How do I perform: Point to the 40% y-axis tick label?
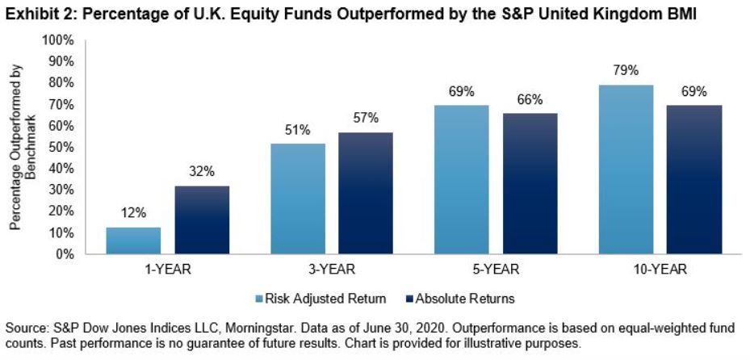[64, 169]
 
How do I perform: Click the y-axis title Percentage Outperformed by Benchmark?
[22, 147]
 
